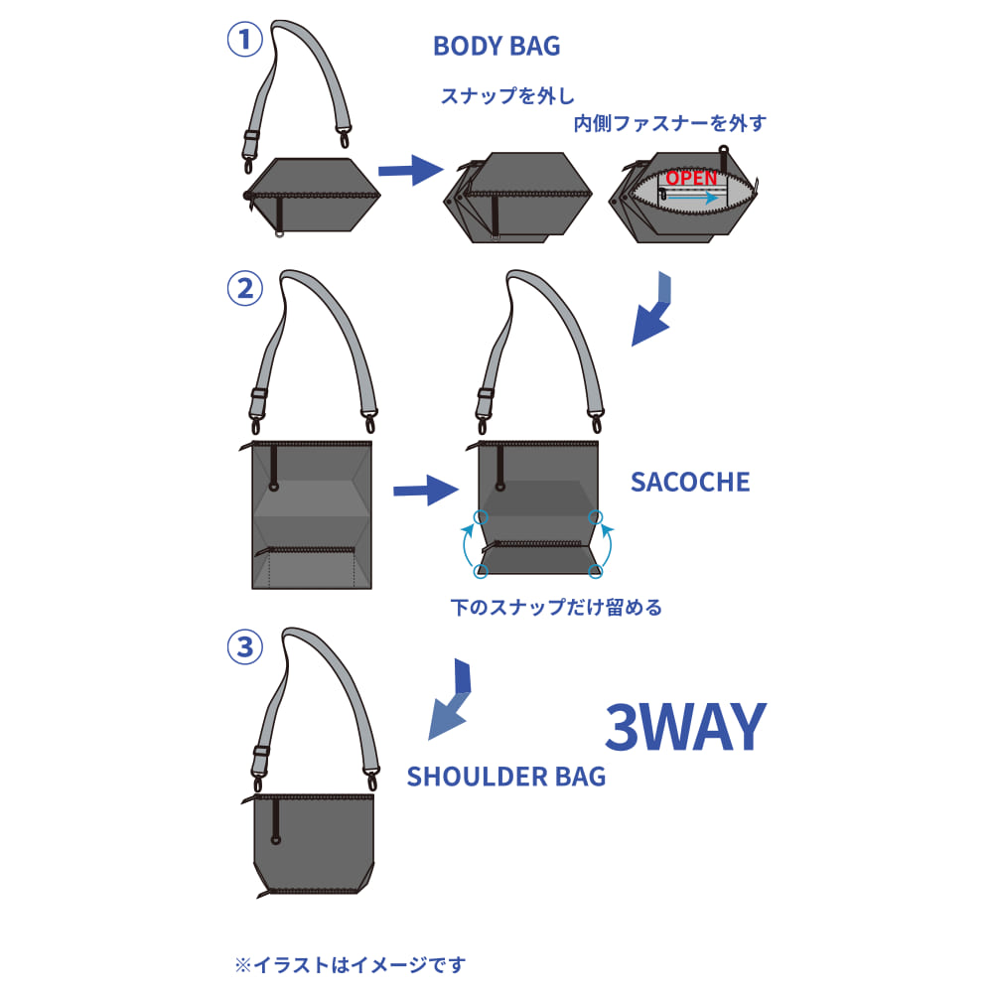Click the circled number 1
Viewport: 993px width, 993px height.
[244, 41]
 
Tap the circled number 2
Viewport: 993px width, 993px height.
[244, 289]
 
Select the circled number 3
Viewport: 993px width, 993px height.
[244, 648]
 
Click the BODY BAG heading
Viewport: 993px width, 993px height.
[496, 47]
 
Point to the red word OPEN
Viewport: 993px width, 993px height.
[691, 178]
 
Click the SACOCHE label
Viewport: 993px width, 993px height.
[690, 483]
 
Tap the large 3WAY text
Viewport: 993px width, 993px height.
[685, 728]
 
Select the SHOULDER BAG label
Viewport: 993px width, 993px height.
[506, 777]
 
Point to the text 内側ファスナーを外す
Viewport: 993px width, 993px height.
[670, 124]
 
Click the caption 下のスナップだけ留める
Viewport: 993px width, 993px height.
[555, 607]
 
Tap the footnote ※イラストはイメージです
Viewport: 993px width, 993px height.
[350, 964]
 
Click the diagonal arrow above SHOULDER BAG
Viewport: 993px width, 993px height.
[452, 701]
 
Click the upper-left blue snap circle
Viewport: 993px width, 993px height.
[482, 516]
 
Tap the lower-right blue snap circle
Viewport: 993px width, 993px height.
[596, 570]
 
